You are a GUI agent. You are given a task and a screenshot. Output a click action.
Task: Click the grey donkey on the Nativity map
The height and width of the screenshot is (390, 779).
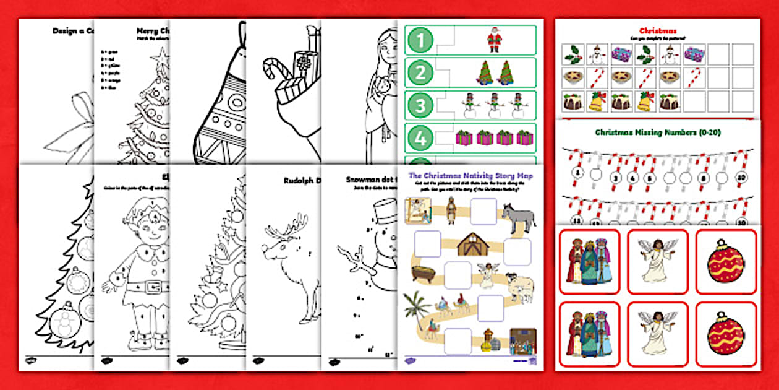pos(518,216)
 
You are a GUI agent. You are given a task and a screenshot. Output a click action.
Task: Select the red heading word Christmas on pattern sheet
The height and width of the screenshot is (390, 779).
pos(657,30)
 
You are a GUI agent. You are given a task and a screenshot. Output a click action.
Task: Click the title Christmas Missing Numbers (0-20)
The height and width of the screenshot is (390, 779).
pos(657,132)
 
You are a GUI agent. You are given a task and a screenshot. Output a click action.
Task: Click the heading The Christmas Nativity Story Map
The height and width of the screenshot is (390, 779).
pos(470,176)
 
